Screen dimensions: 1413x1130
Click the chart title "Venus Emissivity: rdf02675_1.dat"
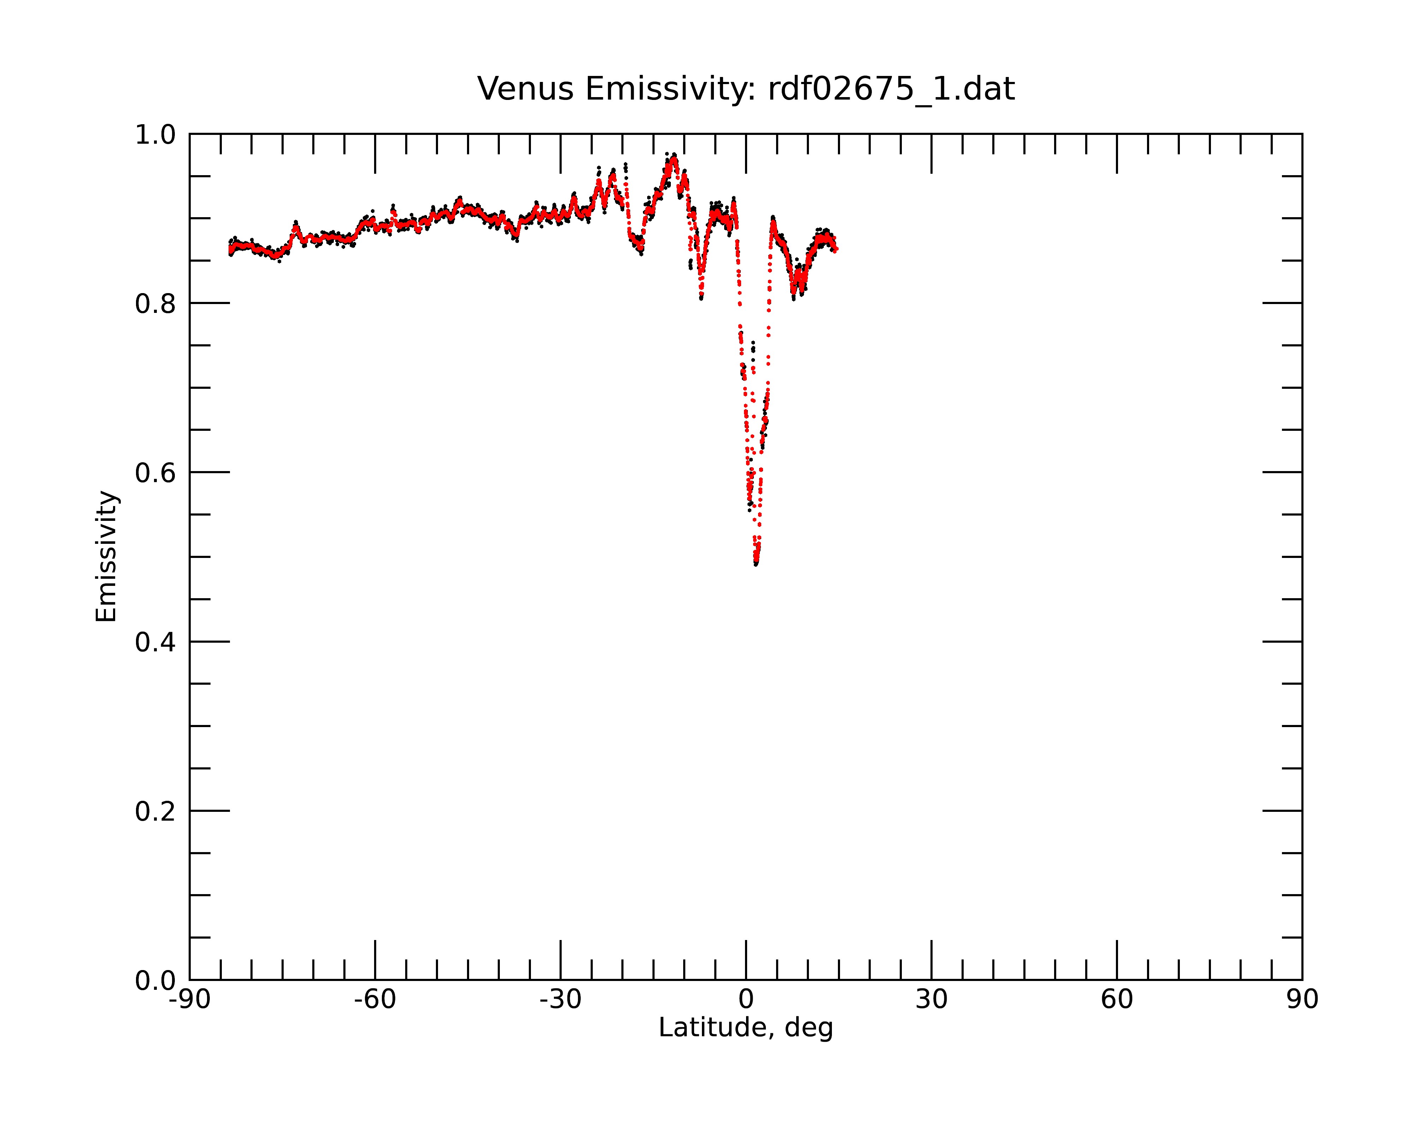click(746, 89)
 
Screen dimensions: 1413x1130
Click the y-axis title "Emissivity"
click(106, 556)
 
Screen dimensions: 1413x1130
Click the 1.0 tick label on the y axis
click(155, 135)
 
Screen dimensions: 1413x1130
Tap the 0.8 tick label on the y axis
click(155, 304)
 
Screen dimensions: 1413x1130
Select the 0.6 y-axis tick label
click(155, 473)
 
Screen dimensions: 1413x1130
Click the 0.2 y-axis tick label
click(155, 811)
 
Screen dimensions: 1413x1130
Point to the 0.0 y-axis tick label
click(155, 981)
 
